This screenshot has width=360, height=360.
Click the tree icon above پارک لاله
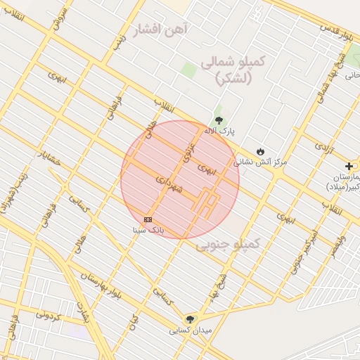coord(219,120)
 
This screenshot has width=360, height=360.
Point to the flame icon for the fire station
coord(260,150)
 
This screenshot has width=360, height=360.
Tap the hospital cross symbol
coord(349,165)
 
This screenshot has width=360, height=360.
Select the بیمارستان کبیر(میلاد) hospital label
coord(343,181)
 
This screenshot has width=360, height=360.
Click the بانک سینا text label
coord(149,230)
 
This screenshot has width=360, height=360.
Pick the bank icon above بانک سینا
coord(148,219)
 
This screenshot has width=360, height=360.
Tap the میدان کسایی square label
coord(189,329)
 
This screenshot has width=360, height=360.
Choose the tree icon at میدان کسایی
coord(189,319)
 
